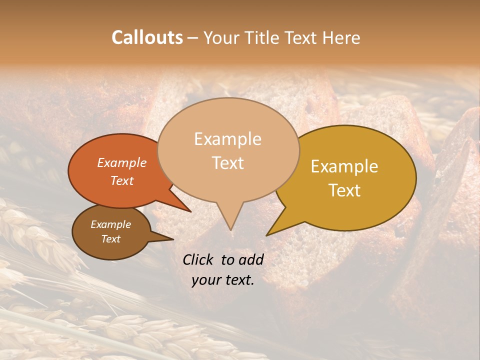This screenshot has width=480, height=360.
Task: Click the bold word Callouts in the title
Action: click(147, 37)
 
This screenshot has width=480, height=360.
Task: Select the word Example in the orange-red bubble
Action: click(121, 162)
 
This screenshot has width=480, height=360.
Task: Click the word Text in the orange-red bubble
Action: click(121, 180)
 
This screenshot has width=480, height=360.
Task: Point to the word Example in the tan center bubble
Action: click(227, 139)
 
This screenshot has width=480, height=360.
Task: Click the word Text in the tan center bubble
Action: click(227, 163)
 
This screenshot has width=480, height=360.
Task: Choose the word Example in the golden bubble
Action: click(344, 166)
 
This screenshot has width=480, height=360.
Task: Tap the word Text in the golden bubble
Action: click(344, 190)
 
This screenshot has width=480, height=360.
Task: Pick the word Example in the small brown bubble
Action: click(110, 224)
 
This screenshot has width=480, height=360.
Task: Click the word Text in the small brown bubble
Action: click(110, 239)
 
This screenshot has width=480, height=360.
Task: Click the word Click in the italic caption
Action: click(199, 259)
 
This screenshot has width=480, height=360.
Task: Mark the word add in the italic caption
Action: click(251, 259)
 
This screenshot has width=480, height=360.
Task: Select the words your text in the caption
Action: click(223, 280)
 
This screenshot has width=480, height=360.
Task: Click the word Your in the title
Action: click(220, 37)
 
